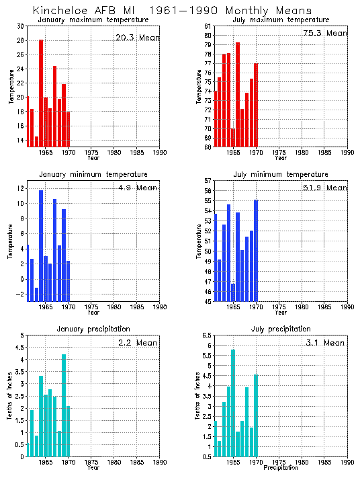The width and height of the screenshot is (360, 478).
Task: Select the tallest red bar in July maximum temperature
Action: click(238, 94)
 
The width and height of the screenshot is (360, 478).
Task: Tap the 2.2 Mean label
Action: click(136, 343)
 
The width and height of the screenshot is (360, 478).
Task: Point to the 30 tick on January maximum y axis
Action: click(20, 26)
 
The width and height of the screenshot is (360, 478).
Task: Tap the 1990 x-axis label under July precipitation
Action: click(347, 463)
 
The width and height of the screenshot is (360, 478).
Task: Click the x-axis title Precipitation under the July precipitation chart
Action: click(280, 468)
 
